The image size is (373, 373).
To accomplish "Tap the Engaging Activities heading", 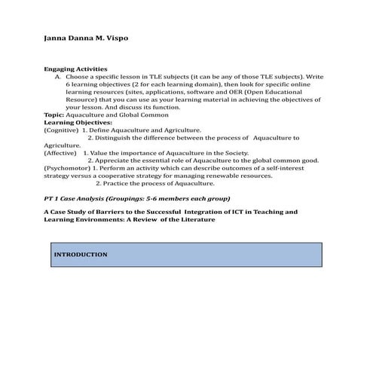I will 76,69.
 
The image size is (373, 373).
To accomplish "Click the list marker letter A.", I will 57,76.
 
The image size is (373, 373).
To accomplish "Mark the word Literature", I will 195,220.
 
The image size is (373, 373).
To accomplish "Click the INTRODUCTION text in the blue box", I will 81,255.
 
